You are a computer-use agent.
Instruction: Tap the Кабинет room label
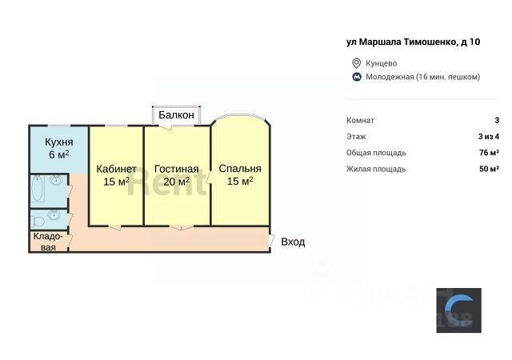[x=116, y=169]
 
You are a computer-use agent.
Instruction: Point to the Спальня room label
[x=239, y=169]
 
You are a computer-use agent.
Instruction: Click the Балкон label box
[x=176, y=115]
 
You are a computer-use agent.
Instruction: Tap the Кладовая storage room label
[x=49, y=242]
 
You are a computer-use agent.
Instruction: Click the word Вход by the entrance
[x=293, y=242]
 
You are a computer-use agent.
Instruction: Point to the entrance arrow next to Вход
[x=274, y=241]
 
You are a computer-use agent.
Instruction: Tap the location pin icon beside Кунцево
[x=356, y=63]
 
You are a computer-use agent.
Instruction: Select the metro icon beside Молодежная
[x=356, y=77]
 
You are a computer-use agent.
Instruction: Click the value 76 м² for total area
[x=489, y=152]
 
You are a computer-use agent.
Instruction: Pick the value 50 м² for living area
[x=489, y=169]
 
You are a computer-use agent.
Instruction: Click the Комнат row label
[x=360, y=120]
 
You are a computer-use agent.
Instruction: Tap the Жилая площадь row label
[x=376, y=169]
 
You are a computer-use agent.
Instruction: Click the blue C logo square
[x=458, y=310]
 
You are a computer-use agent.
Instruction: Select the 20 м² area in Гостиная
[x=177, y=182]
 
